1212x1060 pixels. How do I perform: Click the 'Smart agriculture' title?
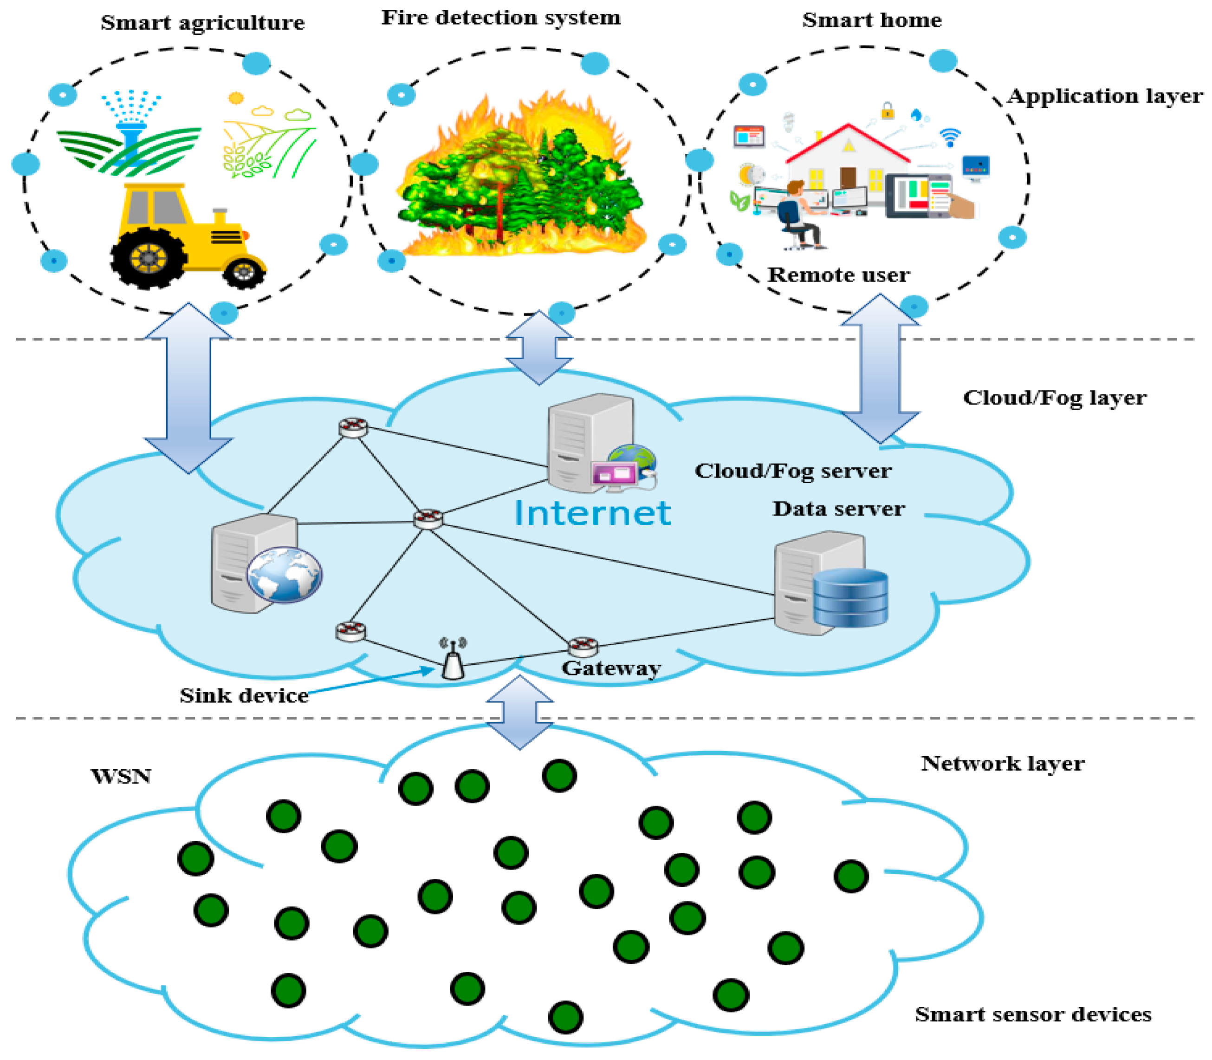pyautogui.click(x=202, y=22)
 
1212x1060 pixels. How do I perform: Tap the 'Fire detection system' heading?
pyautogui.click(x=501, y=18)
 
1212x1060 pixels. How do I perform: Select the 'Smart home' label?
pyautogui.click(x=871, y=20)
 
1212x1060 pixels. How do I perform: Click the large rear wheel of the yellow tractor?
pyautogui.click(x=148, y=258)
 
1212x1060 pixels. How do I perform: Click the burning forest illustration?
pyautogui.click(x=520, y=177)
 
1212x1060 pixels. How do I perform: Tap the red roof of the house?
pyautogui.click(x=848, y=142)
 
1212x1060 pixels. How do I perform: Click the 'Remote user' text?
pyautogui.click(x=838, y=275)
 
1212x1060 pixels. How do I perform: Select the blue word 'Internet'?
pyautogui.click(x=592, y=513)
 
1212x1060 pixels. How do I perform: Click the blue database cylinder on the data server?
pyautogui.click(x=850, y=597)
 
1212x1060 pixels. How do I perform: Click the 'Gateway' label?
pyautogui.click(x=611, y=668)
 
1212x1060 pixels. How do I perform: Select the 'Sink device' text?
pyautogui.click(x=244, y=696)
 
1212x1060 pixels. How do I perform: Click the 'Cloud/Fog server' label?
pyautogui.click(x=792, y=471)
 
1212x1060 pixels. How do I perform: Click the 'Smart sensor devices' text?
pyautogui.click(x=1033, y=1014)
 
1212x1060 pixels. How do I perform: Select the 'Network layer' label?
pyautogui.click(x=1003, y=764)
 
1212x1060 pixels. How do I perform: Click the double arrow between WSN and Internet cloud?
pyautogui.click(x=520, y=712)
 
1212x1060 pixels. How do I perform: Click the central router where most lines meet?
pyautogui.click(x=428, y=518)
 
